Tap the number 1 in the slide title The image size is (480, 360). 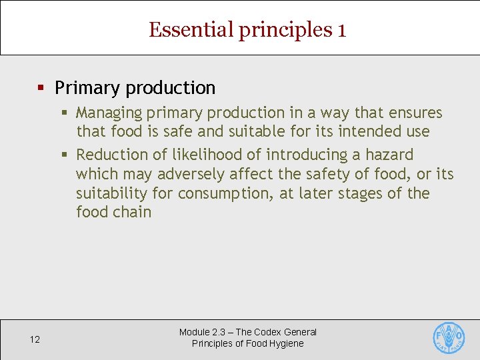[x=341, y=30]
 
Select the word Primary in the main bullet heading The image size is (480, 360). [x=87, y=88]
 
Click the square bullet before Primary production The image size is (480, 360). [x=41, y=88]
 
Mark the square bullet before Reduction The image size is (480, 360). [x=65, y=155]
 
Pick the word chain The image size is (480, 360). [x=133, y=213]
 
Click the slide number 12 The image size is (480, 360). [x=35, y=340]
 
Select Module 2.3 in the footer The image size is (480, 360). [x=204, y=332]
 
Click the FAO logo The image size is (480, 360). [x=449, y=338]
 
